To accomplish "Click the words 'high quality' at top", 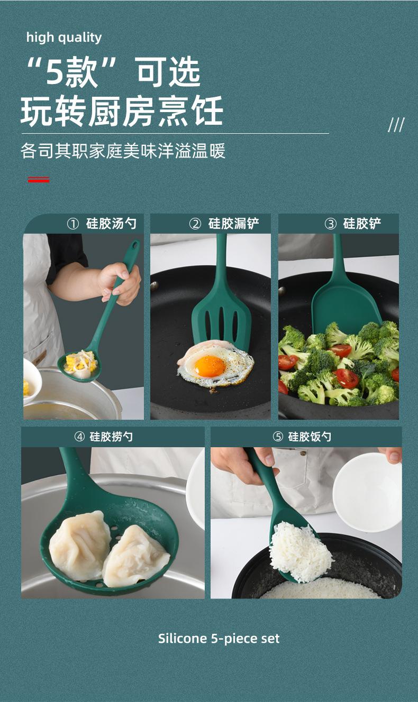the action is (64, 38).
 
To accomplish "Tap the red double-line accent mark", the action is (39, 180).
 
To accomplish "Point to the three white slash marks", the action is (396, 125).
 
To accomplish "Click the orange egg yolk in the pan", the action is (210, 366).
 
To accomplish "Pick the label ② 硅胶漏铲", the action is (224, 224).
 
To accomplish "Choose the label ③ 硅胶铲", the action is (353, 224).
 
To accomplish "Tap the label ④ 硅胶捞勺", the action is (104, 437).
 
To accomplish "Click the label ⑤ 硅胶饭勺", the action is (302, 437).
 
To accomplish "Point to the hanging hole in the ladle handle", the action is (135, 245).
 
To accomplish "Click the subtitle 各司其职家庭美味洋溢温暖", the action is (123, 151).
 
